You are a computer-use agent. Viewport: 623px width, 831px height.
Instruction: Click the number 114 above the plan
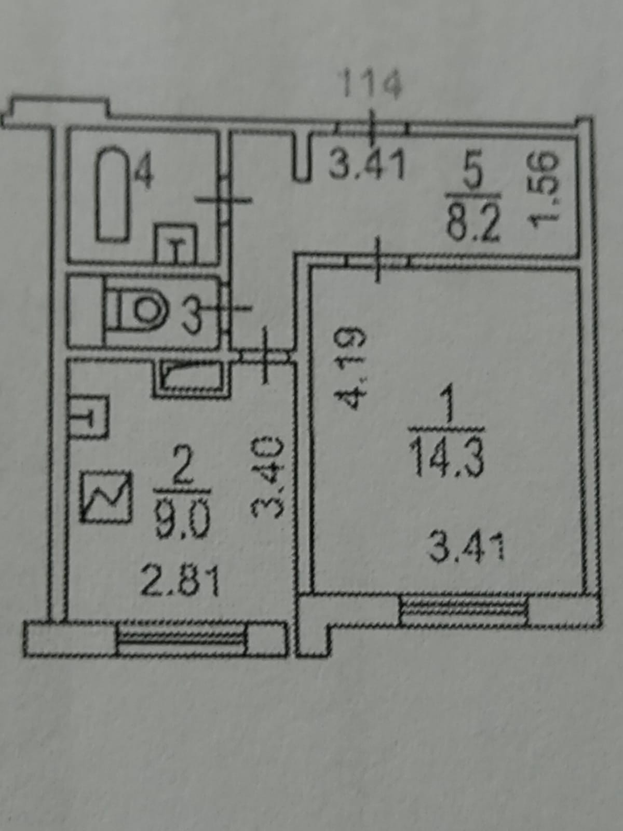370,84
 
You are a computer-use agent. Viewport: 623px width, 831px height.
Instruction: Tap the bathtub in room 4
113,194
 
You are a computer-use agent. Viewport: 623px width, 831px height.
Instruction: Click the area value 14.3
447,457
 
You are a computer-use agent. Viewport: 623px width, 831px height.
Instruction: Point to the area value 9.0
182,520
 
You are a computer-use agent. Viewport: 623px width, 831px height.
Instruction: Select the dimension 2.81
180,581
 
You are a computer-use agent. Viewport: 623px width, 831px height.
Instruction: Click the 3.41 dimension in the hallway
367,165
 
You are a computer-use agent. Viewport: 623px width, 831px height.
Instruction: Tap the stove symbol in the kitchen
105,495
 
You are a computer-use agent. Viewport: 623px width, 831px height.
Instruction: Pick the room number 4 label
144,172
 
